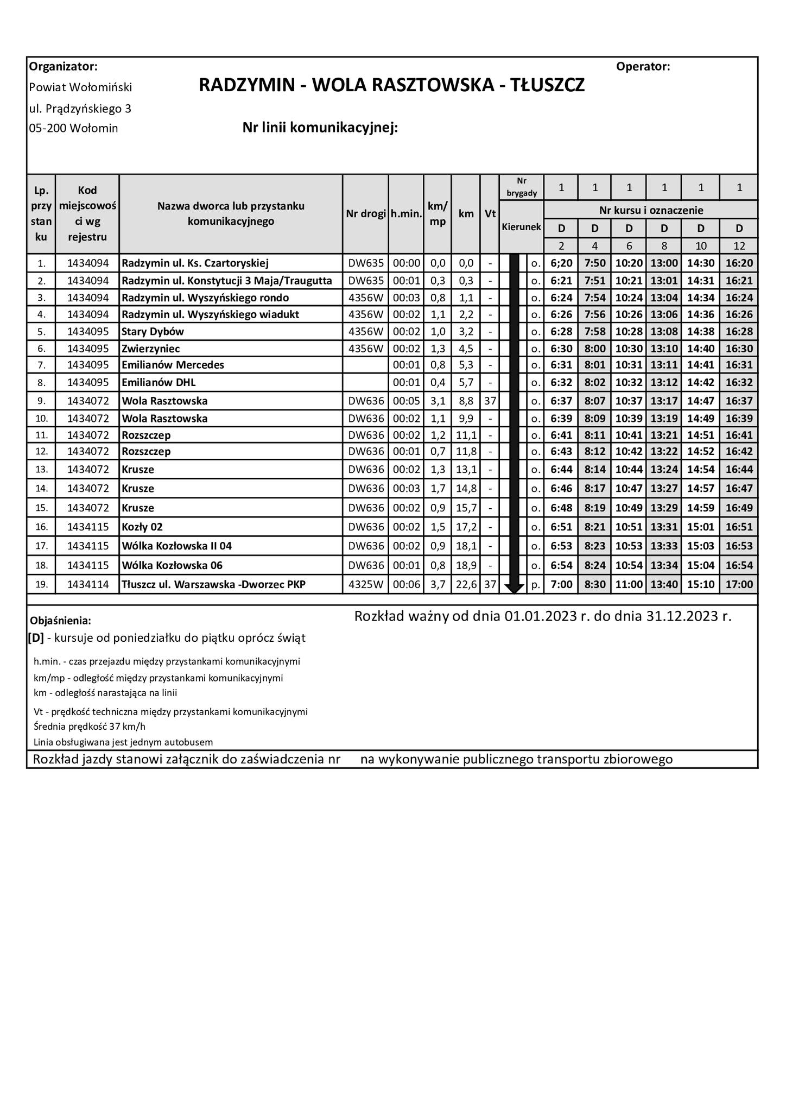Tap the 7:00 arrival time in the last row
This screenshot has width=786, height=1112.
(x=561, y=585)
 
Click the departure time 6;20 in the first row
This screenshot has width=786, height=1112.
(x=561, y=263)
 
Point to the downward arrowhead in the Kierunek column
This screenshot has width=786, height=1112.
(x=514, y=587)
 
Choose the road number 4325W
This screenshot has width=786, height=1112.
(x=366, y=585)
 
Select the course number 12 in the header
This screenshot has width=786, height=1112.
(x=739, y=246)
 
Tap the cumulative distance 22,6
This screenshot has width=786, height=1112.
(x=466, y=585)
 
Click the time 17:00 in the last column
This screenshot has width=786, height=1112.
(x=739, y=585)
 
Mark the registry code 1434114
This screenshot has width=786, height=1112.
(x=87, y=585)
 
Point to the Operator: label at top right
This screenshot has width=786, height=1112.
(x=643, y=67)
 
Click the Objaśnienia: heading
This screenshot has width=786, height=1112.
(x=61, y=621)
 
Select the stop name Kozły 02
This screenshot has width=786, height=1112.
(x=142, y=527)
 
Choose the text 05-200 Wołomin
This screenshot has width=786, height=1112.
(x=73, y=129)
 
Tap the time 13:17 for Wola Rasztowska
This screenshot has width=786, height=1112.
(x=664, y=401)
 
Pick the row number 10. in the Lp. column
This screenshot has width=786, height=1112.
(x=41, y=419)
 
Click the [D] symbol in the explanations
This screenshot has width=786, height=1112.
(x=36, y=638)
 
